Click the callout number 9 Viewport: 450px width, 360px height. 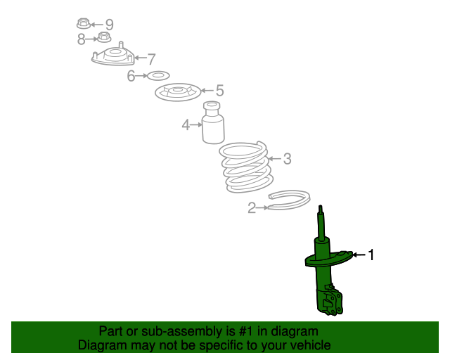point(110,25)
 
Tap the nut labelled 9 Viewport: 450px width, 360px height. point(84,24)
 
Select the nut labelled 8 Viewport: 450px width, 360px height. point(104,37)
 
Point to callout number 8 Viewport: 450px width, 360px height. point(82,39)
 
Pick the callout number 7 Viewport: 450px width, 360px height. point(151,59)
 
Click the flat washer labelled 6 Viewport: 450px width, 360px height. point(158,76)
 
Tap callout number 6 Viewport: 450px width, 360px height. point(131,76)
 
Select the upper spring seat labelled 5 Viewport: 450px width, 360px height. point(178,92)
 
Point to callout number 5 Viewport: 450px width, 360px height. point(219,91)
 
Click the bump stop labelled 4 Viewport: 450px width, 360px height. point(213,122)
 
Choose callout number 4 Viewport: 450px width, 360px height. point(186,125)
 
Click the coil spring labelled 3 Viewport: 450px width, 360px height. point(246,167)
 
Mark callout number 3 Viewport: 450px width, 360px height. point(288,159)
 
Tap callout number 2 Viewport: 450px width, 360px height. point(252,208)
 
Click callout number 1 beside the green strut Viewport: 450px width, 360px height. point(371,255)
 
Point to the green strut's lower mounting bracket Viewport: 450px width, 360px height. point(330,300)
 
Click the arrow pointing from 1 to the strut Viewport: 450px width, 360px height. point(359,255)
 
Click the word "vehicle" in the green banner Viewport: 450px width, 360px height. point(314,345)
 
